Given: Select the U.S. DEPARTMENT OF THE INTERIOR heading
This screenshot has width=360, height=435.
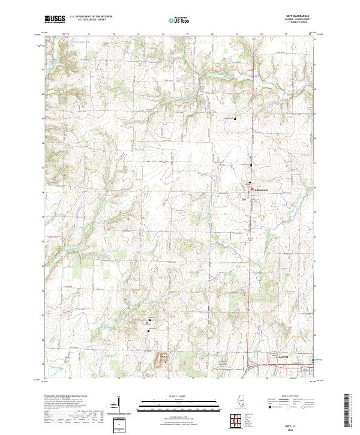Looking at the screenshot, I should [91, 17].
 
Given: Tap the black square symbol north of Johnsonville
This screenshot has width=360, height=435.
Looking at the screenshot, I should [235, 118].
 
